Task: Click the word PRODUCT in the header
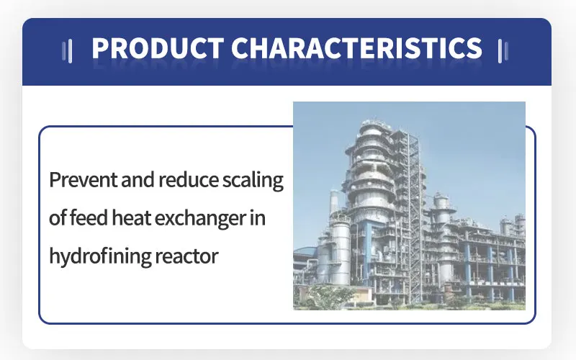point(158,48)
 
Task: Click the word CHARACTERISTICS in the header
point(356,48)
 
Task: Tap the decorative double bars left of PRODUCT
point(67,51)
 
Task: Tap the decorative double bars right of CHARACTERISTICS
point(503,51)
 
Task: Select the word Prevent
point(83,179)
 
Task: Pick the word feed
point(89,217)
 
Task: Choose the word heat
point(131,217)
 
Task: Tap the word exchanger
point(200,219)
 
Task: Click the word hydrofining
point(100,256)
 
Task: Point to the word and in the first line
point(138,179)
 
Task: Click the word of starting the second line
point(58,217)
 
